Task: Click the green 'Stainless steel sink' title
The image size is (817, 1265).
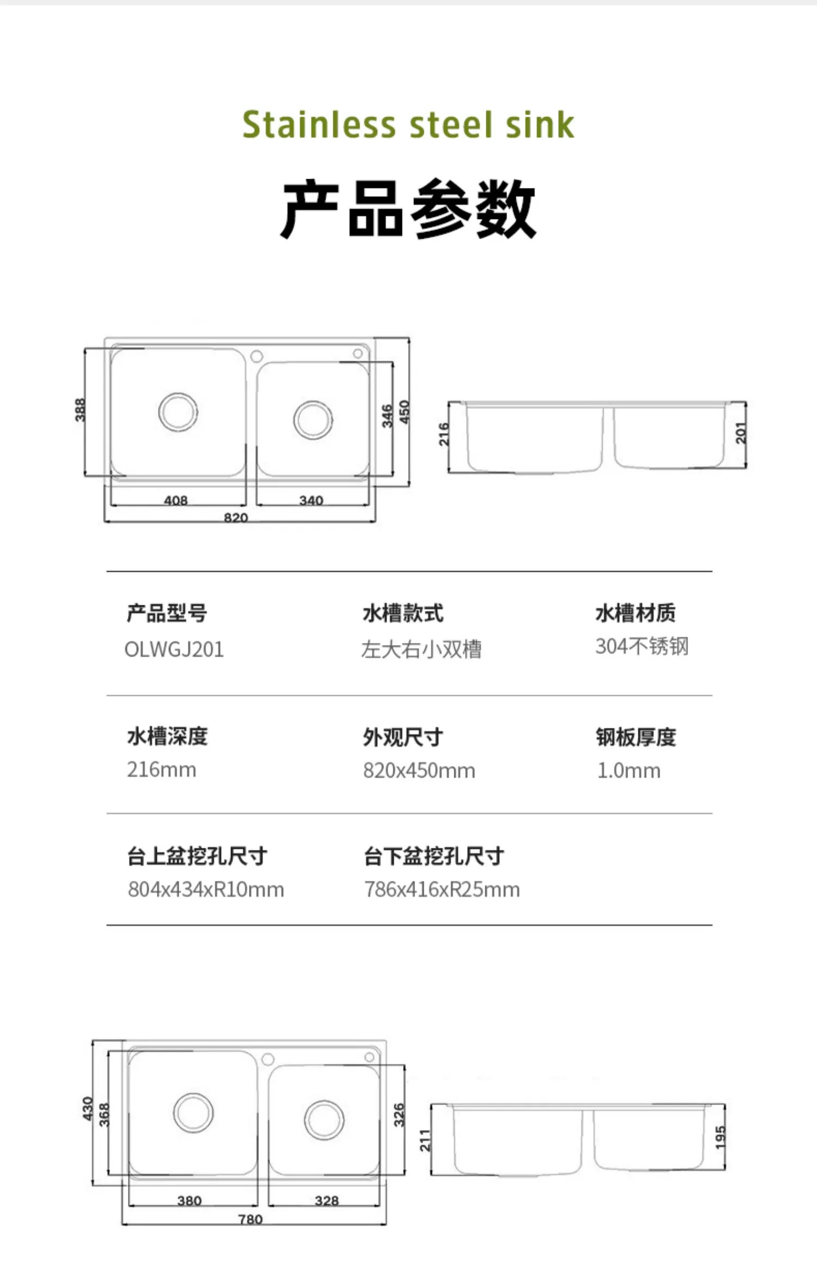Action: [x=408, y=125]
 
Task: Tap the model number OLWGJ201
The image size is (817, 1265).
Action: [x=174, y=649]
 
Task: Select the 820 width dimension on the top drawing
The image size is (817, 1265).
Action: [x=236, y=517]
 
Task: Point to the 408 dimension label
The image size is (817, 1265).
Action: [x=176, y=500]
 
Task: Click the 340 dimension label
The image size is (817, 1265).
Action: [x=311, y=500]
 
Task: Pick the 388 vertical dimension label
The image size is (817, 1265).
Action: [x=80, y=410]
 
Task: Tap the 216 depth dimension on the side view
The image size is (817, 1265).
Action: [x=444, y=434]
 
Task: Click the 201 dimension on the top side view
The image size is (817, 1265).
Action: [x=741, y=433]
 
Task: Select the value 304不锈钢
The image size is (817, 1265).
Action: [x=642, y=647]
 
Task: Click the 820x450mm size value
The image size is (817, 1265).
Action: [x=419, y=770]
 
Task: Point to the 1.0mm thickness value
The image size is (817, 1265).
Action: [x=629, y=770]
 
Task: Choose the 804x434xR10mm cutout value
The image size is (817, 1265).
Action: [x=206, y=889]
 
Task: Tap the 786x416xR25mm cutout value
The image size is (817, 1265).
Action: [x=442, y=889]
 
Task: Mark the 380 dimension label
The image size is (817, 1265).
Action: [x=190, y=1201]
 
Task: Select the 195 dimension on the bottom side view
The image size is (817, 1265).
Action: [x=720, y=1138]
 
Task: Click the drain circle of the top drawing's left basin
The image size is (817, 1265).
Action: [x=178, y=412]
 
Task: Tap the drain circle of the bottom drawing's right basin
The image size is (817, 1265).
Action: [x=324, y=1120]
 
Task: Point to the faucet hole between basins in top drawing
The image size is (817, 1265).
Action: [x=257, y=356]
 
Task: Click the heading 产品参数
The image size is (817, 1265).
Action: [x=408, y=209]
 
